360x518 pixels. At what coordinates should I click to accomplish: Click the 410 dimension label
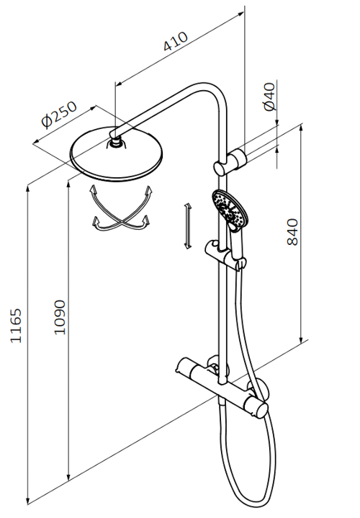176,42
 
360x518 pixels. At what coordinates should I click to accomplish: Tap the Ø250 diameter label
59,115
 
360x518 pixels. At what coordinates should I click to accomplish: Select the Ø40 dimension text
269,97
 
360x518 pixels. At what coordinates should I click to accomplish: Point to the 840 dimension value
292,232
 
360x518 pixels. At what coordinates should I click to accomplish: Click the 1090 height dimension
60,317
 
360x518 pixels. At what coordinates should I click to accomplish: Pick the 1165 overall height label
16,326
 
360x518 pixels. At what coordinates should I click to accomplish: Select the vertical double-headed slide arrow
188,226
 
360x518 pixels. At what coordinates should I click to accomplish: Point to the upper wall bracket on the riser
230,163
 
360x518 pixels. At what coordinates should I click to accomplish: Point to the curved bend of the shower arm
212,94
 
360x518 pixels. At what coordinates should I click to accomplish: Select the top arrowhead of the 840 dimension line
301,128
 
